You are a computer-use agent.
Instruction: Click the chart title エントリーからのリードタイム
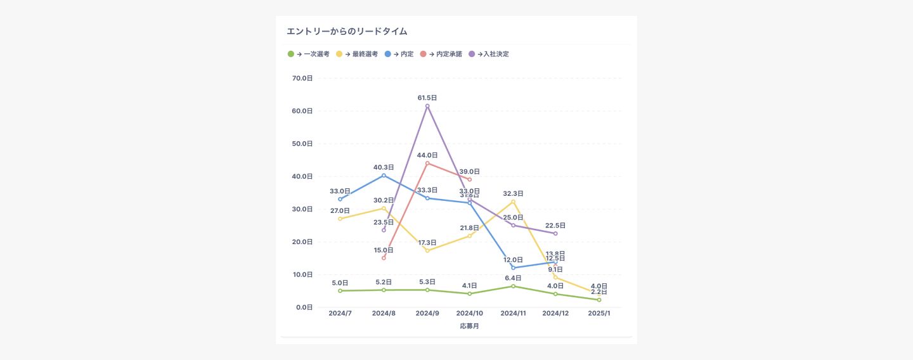click(x=347, y=31)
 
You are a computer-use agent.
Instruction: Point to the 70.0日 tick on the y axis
click(x=302, y=78)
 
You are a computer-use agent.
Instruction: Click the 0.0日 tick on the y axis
click(x=304, y=307)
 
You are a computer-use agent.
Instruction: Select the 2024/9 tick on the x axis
click(x=427, y=313)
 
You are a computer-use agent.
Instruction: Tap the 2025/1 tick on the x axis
click(x=599, y=313)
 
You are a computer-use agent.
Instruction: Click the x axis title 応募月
click(x=469, y=326)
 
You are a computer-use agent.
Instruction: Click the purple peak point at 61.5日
click(x=427, y=106)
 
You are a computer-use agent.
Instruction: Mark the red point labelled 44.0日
click(x=427, y=163)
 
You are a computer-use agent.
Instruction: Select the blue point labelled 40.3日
click(x=384, y=175)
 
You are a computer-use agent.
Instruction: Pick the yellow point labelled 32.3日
click(x=513, y=202)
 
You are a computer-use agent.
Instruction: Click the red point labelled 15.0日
click(x=384, y=258)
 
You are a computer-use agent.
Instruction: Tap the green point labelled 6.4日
click(x=513, y=286)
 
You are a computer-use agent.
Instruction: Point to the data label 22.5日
click(x=555, y=226)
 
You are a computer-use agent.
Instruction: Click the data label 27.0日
click(x=340, y=210)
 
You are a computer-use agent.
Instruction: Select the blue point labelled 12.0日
click(x=513, y=268)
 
